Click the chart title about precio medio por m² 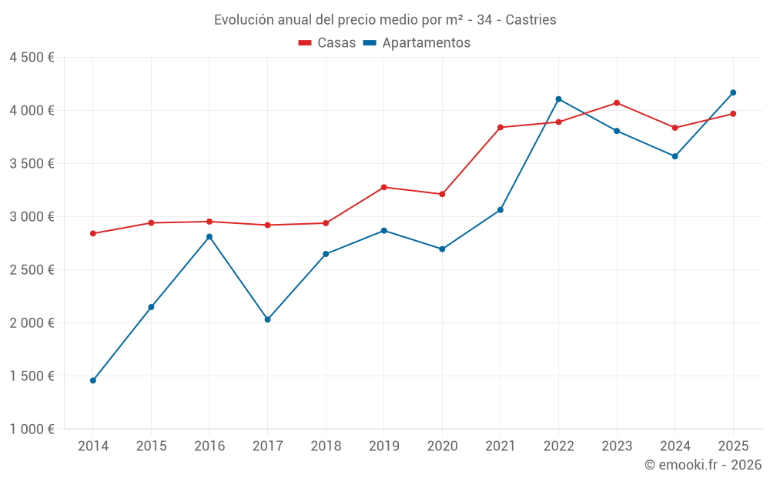385,19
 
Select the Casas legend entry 327,43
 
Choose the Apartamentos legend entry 417,43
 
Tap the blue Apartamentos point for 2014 93,380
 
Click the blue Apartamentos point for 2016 209,237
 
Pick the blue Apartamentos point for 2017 267,319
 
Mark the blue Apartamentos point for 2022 558,99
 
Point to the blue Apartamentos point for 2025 733,92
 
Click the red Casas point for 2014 93,233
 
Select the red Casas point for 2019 384,187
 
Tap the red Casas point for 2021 500,127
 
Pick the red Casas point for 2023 617,102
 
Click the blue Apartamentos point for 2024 675,156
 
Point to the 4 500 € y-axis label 32,58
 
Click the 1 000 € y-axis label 32,429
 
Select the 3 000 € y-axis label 32,217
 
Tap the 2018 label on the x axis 326,446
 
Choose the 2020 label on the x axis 442,446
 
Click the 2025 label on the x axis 733,446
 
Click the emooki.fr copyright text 702,465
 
